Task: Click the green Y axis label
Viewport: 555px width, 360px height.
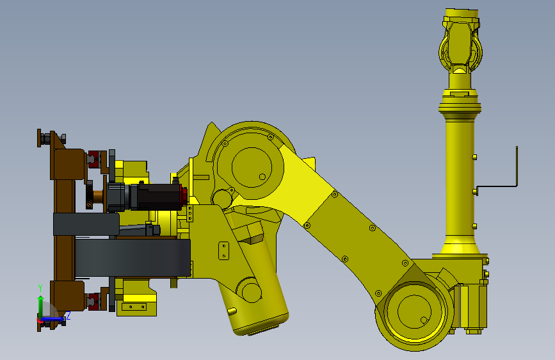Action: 40,288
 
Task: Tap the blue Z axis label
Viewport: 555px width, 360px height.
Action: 68,315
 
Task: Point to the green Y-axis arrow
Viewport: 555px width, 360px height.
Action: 41,306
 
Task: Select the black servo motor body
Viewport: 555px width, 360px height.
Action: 159,197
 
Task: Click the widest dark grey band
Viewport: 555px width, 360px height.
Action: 133,258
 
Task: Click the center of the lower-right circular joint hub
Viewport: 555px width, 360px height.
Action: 414,312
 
